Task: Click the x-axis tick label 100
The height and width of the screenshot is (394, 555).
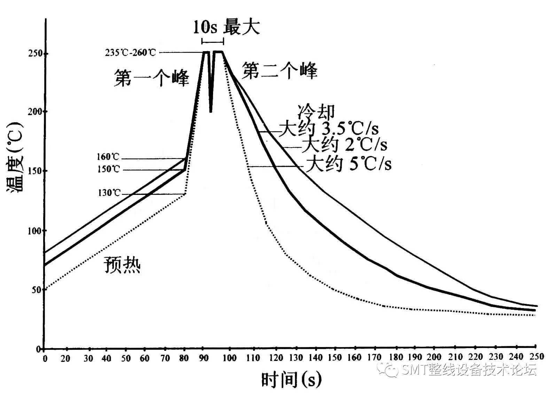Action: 230,357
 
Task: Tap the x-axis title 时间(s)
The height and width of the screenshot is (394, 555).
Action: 291,379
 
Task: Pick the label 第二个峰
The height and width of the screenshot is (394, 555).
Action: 280,71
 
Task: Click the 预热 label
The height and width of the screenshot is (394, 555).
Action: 122,265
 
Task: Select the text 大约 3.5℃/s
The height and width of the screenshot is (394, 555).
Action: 329,129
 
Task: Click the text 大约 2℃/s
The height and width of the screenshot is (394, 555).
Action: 344,145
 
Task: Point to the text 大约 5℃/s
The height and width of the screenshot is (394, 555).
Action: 348,164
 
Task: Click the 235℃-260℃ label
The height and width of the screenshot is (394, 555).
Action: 131,53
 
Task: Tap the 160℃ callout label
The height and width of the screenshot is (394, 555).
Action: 108,157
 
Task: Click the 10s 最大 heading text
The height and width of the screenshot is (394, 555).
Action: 226,27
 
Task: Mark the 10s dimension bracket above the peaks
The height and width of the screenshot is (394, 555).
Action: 212,42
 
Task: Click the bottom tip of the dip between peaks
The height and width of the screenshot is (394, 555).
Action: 211,111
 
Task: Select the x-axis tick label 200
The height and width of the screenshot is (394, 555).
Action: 434,357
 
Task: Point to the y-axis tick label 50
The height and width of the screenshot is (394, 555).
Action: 36,290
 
